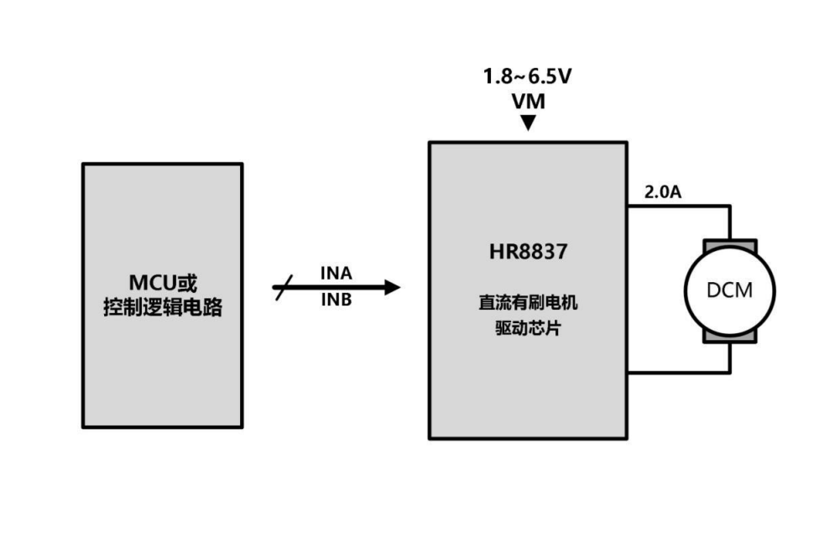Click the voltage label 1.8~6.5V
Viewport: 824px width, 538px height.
point(527,77)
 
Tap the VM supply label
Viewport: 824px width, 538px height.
point(527,102)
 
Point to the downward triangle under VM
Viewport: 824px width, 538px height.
point(527,123)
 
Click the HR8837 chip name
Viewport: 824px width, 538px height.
point(528,253)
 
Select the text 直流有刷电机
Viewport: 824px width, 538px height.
point(528,304)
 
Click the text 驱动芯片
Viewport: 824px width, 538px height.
point(528,328)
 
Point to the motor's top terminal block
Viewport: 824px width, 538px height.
point(730,245)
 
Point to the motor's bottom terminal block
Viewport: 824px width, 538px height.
point(730,335)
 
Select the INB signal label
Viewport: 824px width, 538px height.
point(336,300)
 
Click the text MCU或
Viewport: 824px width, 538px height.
point(162,281)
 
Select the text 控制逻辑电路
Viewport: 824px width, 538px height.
point(162,307)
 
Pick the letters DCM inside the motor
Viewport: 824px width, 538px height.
point(730,290)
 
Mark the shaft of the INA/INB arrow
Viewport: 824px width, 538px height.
point(336,288)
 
